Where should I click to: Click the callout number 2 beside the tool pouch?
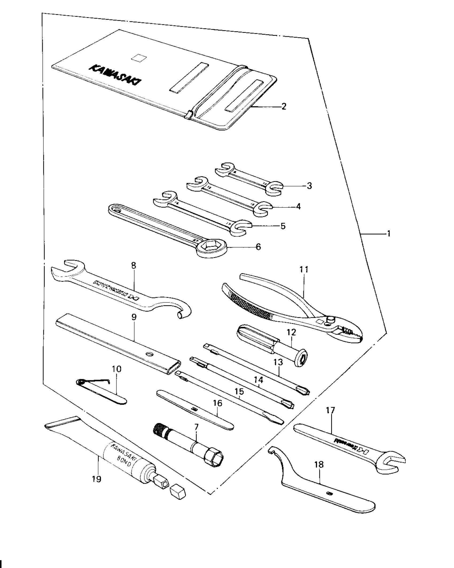point(284,107)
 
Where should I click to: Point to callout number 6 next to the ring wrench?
point(258,247)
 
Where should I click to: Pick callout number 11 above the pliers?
point(304,269)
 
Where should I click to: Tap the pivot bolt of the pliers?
point(331,319)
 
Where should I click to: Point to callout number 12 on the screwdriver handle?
point(291,332)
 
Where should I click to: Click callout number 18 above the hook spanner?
point(319,465)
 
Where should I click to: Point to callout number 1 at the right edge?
point(389,234)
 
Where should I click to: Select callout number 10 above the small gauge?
point(116,369)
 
